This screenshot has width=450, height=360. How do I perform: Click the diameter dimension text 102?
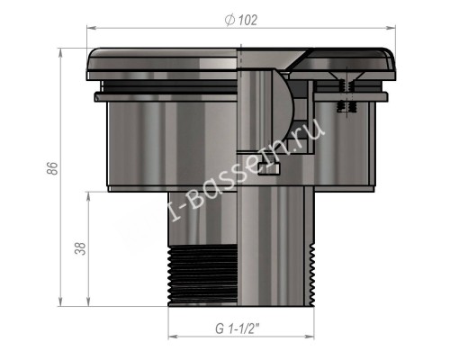[246, 20]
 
